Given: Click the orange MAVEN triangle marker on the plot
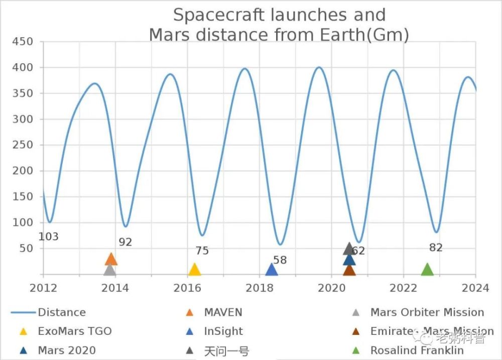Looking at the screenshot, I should click(x=111, y=259).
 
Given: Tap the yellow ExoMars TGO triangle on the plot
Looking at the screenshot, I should click(x=194, y=270).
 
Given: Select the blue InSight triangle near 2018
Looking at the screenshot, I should click(x=271, y=270).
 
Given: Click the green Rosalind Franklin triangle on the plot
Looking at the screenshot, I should click(x=427, y=270).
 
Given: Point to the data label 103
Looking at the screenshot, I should click(x=48, y=236).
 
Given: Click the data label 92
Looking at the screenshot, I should click(x=125, y=242).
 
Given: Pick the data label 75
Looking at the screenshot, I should click(x=202, y=251).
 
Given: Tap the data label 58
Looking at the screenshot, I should click(x=280, y=260).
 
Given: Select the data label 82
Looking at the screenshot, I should click(x=436, y=248).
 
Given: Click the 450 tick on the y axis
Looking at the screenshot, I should click(x=23, y=42).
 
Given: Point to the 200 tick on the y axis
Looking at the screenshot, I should click(x=23, y=171).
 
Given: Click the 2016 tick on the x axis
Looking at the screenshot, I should click(x=188, y=288).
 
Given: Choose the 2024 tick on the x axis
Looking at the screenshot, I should click(x=475, y=288).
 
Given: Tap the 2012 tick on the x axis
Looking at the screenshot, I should click(x=43, y=288).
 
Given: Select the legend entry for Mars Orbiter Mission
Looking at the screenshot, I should click(x=427, y=312).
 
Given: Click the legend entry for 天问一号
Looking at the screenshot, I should click(x=226, y=350).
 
